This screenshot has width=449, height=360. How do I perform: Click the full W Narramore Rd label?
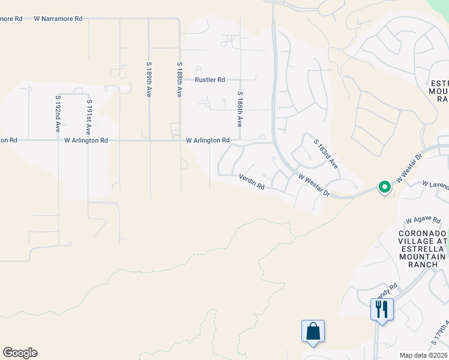coord(58,19)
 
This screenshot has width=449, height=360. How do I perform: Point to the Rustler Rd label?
coord(209,80)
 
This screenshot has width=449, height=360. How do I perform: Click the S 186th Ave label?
coord(240,109)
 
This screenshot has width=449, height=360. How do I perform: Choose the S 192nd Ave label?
coord(58,113)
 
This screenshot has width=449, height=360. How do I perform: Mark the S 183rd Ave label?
coord(327,152)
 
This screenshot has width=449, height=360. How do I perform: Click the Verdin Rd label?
coord(252,182)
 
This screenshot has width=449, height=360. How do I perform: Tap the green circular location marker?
coord(384,187)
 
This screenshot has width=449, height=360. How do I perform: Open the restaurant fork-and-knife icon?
coord(382,309)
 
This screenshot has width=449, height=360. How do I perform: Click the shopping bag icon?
coord(313,331)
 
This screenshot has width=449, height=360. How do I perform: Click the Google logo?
coord(20,353)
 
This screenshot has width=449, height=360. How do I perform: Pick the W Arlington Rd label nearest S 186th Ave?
coord(208,140)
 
